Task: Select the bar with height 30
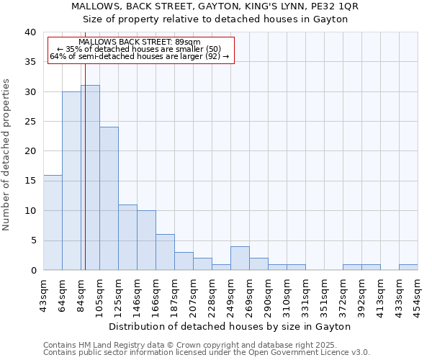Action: coord(71,181)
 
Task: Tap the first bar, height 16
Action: coord(53,222)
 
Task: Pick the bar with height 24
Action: coord(109,199)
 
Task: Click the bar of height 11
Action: coord(127,238)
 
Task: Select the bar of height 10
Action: coord(146,240)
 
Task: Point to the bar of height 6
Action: coord(165,252)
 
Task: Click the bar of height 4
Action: coord(240,258)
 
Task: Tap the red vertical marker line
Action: coord(85,166)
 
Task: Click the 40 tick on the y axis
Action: coord(30,32)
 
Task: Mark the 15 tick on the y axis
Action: coord(30,181)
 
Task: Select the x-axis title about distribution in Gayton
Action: coord(230,326)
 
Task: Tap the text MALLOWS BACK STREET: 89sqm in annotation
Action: coord(140,42)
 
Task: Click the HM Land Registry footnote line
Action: coord(204,345)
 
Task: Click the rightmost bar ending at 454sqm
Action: coord(408,267)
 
